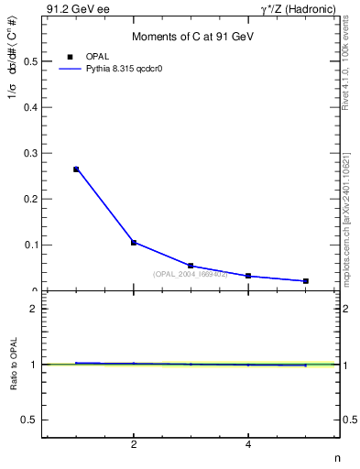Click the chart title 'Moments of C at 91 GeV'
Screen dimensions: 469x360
pyautogui.click(x=191, y=36)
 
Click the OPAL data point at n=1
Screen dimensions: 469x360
pyautogui.click(x=76, y=169)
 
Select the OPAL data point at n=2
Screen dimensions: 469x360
pyautogui.click(x=134, y=243)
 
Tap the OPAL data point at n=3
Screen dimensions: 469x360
pyautogui.click(x=191, y=266)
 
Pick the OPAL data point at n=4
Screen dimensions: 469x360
pyautogui.click(x=248, y=276)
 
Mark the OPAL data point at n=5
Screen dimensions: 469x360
pyautogui.click(x=305, y=281)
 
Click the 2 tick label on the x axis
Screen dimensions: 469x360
pyautogui.click(x=134, y=445)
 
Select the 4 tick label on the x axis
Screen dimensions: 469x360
pyautogui.click(x=248, y=445)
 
